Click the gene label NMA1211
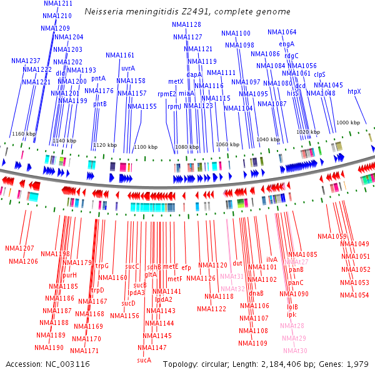point(58,4)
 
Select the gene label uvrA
point(128,68)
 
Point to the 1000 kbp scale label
point(348,123)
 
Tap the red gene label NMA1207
point(19,249)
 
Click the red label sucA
point(144,360)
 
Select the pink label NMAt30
point(295,351)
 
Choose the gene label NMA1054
point(355,294)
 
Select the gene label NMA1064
point(282,32)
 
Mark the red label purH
point(69,275)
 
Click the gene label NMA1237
point(26,61)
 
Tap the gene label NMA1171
point(85,351)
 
